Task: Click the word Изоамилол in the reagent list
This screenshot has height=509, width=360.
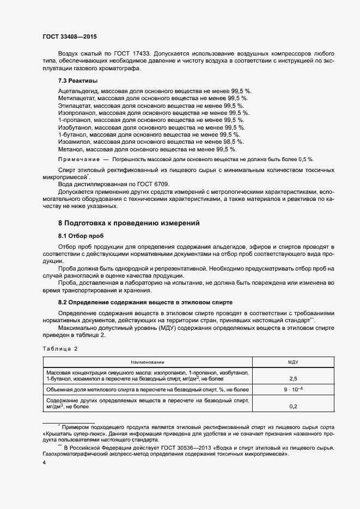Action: coord(72,141)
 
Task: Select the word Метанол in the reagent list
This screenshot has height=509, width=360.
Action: coord(70,149)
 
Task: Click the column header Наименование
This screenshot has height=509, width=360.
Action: coord(147,361)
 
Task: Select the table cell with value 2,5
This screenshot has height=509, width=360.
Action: coord(293,377)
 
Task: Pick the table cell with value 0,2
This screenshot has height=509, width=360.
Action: coord(293,406)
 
